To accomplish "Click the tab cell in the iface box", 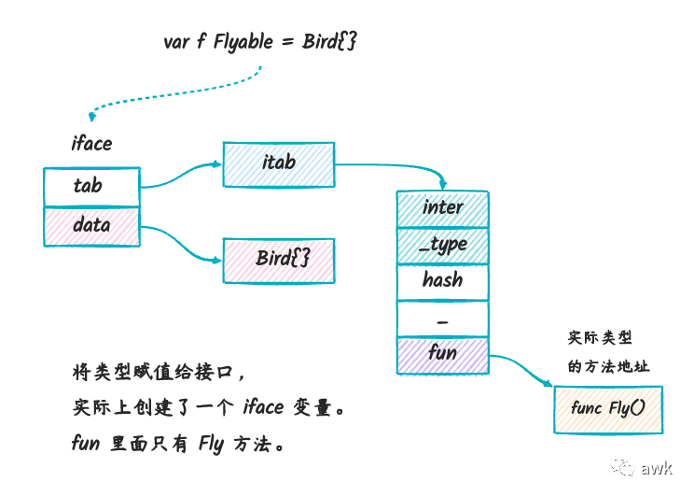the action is coord(91,187).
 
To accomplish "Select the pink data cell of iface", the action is coord(91,226).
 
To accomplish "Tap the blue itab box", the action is coord(279,164).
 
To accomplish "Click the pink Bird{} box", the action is coord(279,261).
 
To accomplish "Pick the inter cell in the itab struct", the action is coord(442,209).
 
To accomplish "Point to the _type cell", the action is coord(442,247).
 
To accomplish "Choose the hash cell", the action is coord(442,283).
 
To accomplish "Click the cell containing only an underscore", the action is coord(442,319).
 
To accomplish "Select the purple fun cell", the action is coord(442,356).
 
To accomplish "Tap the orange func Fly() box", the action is coord(608,409).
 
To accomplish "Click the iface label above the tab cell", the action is coord(91,144).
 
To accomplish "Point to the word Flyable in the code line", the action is coord(243,43).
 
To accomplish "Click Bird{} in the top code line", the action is coord(329,41).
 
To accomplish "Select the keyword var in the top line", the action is coord(176,43).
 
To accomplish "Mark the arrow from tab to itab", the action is coord(181,177).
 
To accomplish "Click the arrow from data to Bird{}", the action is coord(182,243).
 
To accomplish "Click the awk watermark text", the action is coord(657,468).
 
